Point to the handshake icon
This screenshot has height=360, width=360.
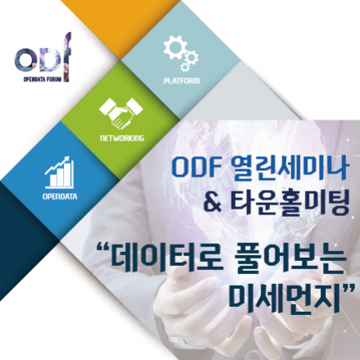pos(121,113)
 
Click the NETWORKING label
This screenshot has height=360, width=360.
pos(121,139)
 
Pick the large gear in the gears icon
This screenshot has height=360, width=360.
pos(174,48)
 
